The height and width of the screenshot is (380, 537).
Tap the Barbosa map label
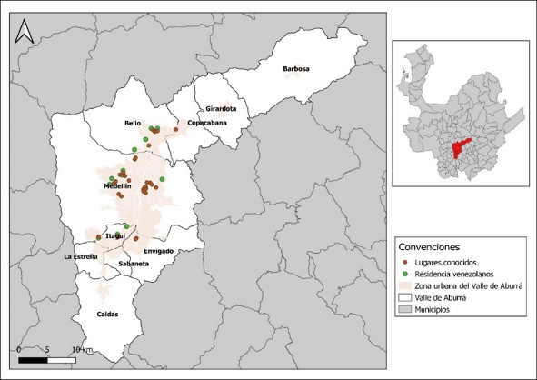click(x=296, y=69)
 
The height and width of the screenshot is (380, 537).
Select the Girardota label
click(x=221, y=108)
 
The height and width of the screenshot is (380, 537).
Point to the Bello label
click(x=133, y=123)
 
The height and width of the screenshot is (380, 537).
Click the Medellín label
click(x=118, y=185)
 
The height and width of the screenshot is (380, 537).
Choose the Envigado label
click(x=158, y=250)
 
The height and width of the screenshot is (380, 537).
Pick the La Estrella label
click(x=80, y=257)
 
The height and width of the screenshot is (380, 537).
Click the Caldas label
click(x=107, y=315)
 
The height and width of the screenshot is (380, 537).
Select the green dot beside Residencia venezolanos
click(x=405, y=275)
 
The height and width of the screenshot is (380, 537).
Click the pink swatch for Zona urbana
click(x=405, y=286)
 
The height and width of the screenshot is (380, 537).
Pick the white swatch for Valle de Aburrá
click(x=405, y=298)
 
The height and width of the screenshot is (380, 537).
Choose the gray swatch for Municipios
click(x=405, y=311)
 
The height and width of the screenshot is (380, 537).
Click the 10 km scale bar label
click(x=82, y=349)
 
